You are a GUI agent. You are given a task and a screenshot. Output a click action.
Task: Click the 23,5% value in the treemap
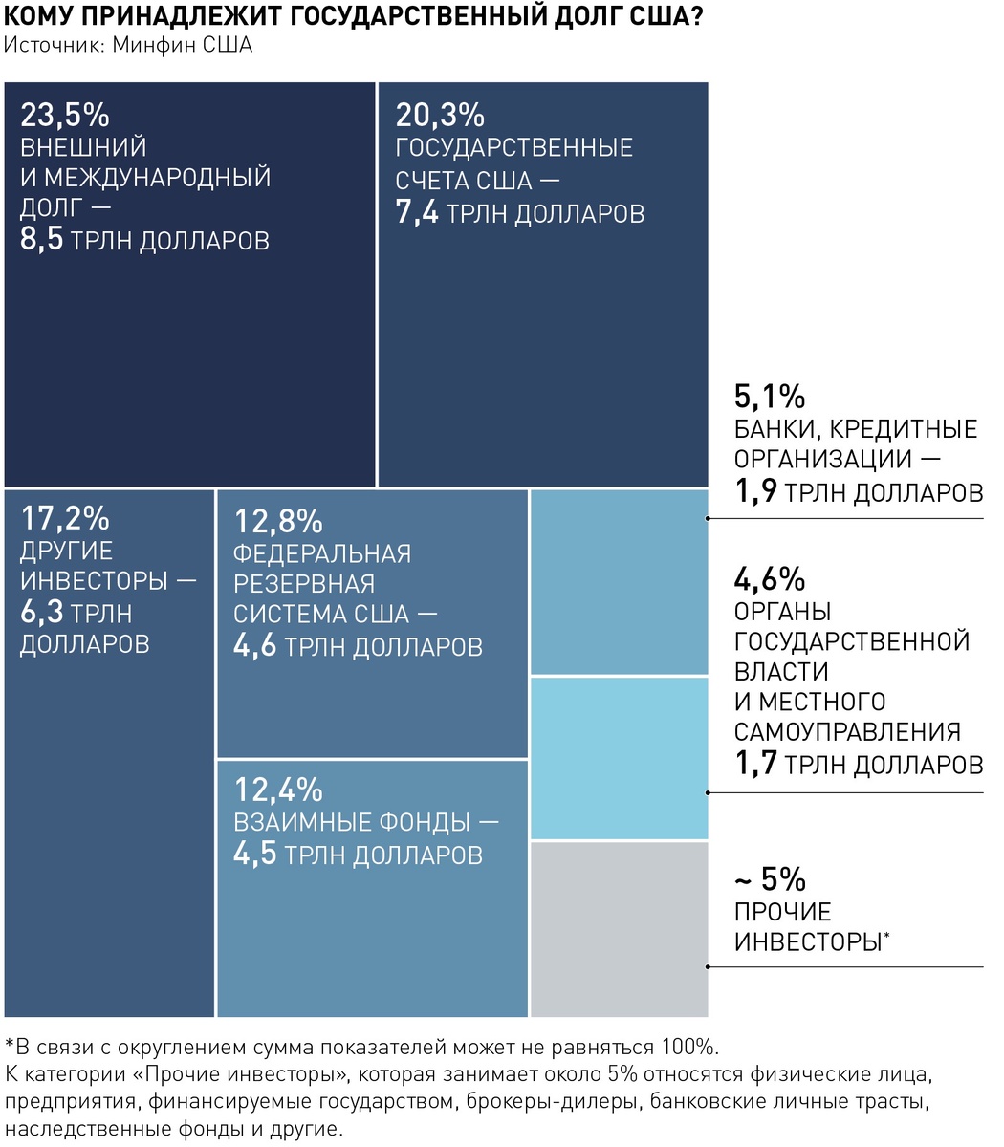point(65,116)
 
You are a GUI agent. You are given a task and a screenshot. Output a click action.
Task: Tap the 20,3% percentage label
point(440,116)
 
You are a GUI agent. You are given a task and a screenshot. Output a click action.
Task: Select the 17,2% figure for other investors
point(65,519)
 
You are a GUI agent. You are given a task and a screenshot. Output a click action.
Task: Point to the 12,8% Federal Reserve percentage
point(278,522)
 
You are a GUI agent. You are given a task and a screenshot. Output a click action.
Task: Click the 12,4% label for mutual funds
point(278,790)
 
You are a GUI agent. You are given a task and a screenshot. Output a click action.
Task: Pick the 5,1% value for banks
point(770,396)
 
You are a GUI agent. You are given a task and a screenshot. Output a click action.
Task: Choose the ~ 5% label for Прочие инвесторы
point(770,879)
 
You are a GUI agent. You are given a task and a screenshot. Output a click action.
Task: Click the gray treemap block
point(619,929)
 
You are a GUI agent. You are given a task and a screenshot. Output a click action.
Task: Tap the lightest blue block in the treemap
point(619,759)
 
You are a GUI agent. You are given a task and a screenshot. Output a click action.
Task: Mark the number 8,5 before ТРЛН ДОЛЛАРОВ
point(42,239)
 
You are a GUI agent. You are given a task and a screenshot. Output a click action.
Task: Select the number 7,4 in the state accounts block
point(417,212)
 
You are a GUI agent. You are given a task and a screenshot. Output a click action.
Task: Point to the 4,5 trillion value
point(254,854)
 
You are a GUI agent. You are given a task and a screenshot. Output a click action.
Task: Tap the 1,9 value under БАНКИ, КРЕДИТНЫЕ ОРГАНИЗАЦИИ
point(754,491)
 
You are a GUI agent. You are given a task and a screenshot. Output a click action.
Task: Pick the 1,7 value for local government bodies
point(754,764)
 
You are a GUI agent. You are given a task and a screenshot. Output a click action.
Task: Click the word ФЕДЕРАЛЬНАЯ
point(322,553)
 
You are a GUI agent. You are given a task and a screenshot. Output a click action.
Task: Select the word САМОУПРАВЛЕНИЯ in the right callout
point(847,732)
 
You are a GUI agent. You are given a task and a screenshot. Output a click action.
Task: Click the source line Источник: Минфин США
point(128,45)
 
